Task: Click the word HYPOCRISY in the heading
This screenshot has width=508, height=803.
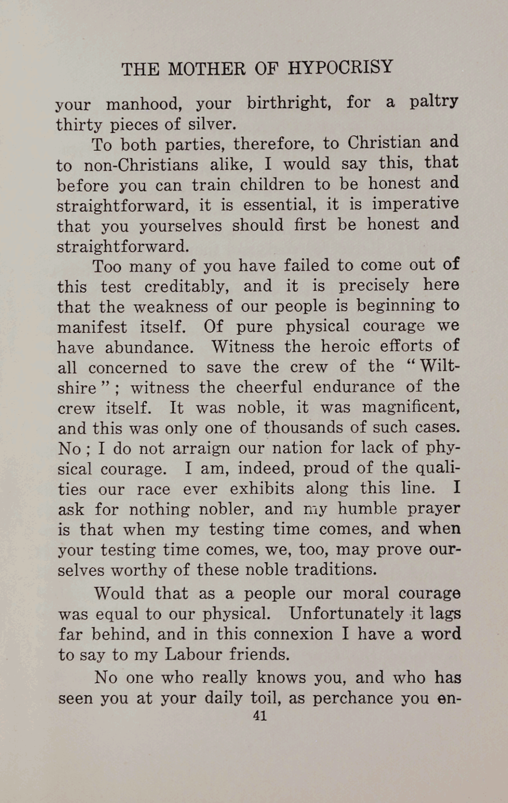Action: pos(340,67)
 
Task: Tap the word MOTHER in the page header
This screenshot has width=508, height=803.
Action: pos(207,69)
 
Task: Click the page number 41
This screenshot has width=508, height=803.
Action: pos(259,716)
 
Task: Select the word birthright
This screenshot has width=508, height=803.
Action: pos(289,103)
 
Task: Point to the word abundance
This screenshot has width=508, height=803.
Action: pos(150,347)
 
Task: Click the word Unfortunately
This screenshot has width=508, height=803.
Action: pos(346,614)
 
